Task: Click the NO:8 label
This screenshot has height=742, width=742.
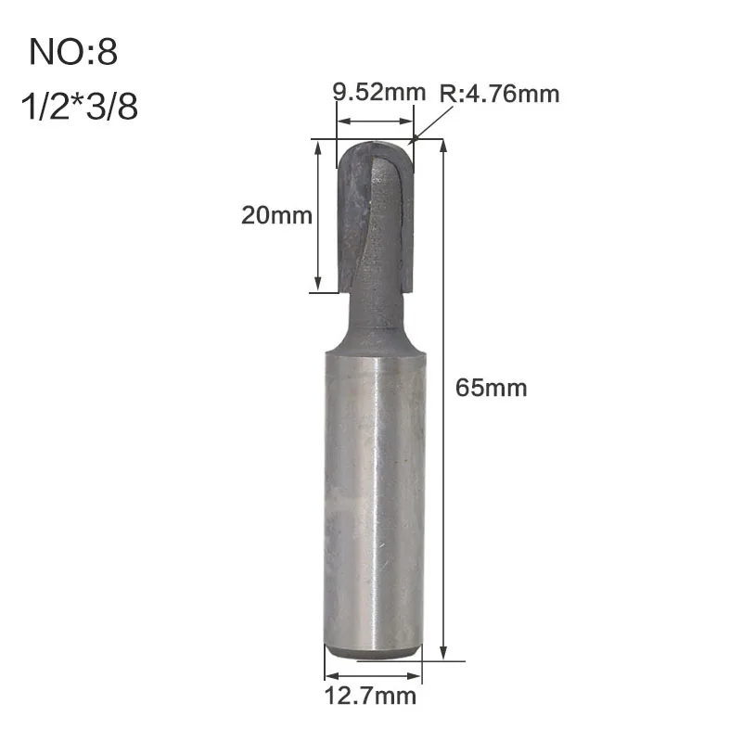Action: (x=73, y=52)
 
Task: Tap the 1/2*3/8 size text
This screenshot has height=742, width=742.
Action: (x=80, y=106)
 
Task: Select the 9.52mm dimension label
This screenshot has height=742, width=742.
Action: (x=379, y=91)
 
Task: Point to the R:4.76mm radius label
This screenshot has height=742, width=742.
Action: (x=499, y=94)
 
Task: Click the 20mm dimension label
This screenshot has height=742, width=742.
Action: (x=276, y=215)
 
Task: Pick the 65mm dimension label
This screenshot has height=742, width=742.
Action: (x=492, y=388)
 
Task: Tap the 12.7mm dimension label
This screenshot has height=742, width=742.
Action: (x=370, y=697)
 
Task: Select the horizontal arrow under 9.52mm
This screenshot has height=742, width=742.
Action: (x=375, y=122)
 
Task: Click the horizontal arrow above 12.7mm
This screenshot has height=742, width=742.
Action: (x=374, y=676)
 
